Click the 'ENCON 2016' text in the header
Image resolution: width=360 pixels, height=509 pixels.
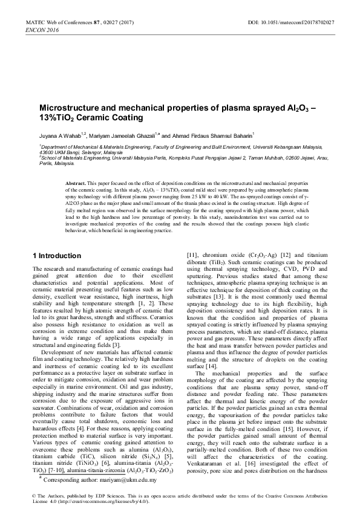(36, 30)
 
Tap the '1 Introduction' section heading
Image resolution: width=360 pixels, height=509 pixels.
(56, 256)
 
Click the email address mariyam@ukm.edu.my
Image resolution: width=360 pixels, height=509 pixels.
(160, 481)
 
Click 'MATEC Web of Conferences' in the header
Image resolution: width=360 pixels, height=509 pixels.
(54, 22)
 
